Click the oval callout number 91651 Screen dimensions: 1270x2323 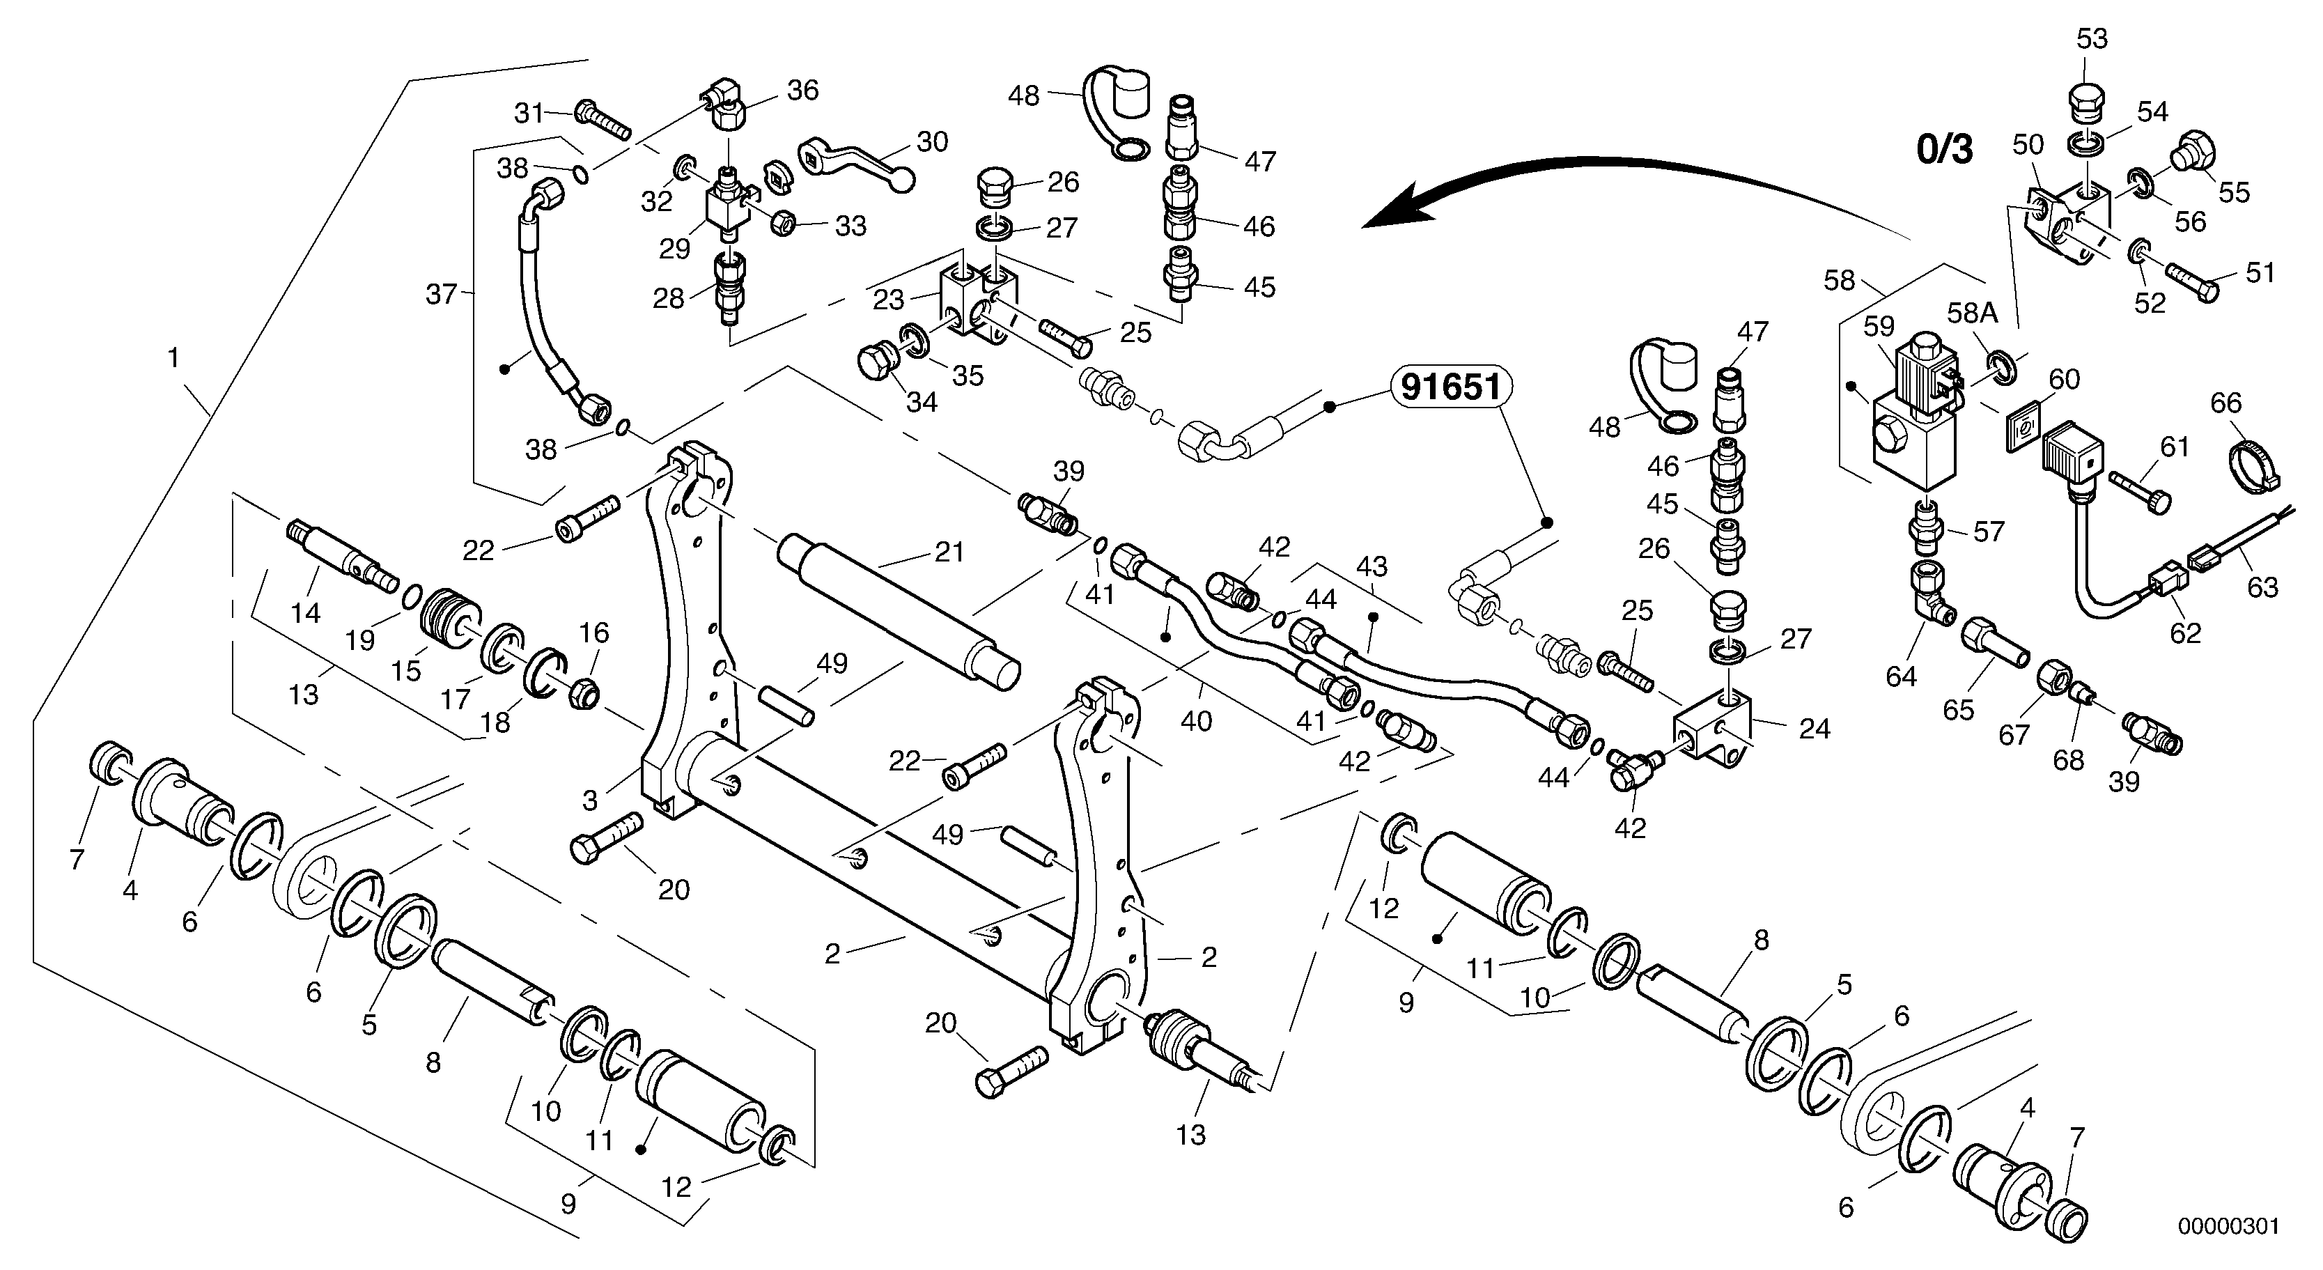click(x=1450, y=387)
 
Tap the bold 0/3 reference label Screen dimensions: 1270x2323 click(x=1945, y=149)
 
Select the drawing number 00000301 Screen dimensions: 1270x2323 click(x=2228, y=1227)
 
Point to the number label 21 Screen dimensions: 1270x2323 click(x=949, y=552)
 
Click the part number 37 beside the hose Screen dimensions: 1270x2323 click(x=441, y=295)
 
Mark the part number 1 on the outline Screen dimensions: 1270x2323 click(x=173, y=358)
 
